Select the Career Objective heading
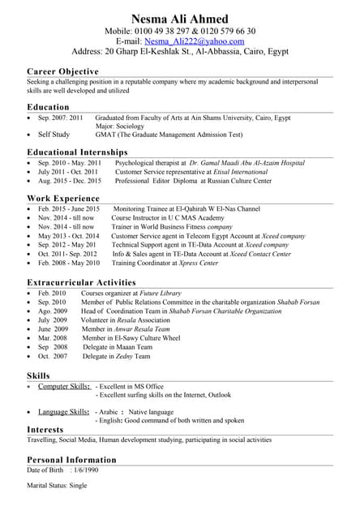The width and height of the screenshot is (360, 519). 62,72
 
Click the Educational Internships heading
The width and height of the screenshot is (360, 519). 77,152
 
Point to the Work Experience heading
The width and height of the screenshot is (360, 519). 63,198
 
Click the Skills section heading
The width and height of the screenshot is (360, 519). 38,375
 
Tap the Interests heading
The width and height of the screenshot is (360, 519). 45,429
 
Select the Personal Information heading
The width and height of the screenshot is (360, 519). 71,460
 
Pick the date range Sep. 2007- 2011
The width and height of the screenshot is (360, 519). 61,118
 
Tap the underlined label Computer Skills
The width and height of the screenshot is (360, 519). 64,387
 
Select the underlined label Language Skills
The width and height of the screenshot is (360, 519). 64,412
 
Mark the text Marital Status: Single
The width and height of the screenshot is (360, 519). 57,486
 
